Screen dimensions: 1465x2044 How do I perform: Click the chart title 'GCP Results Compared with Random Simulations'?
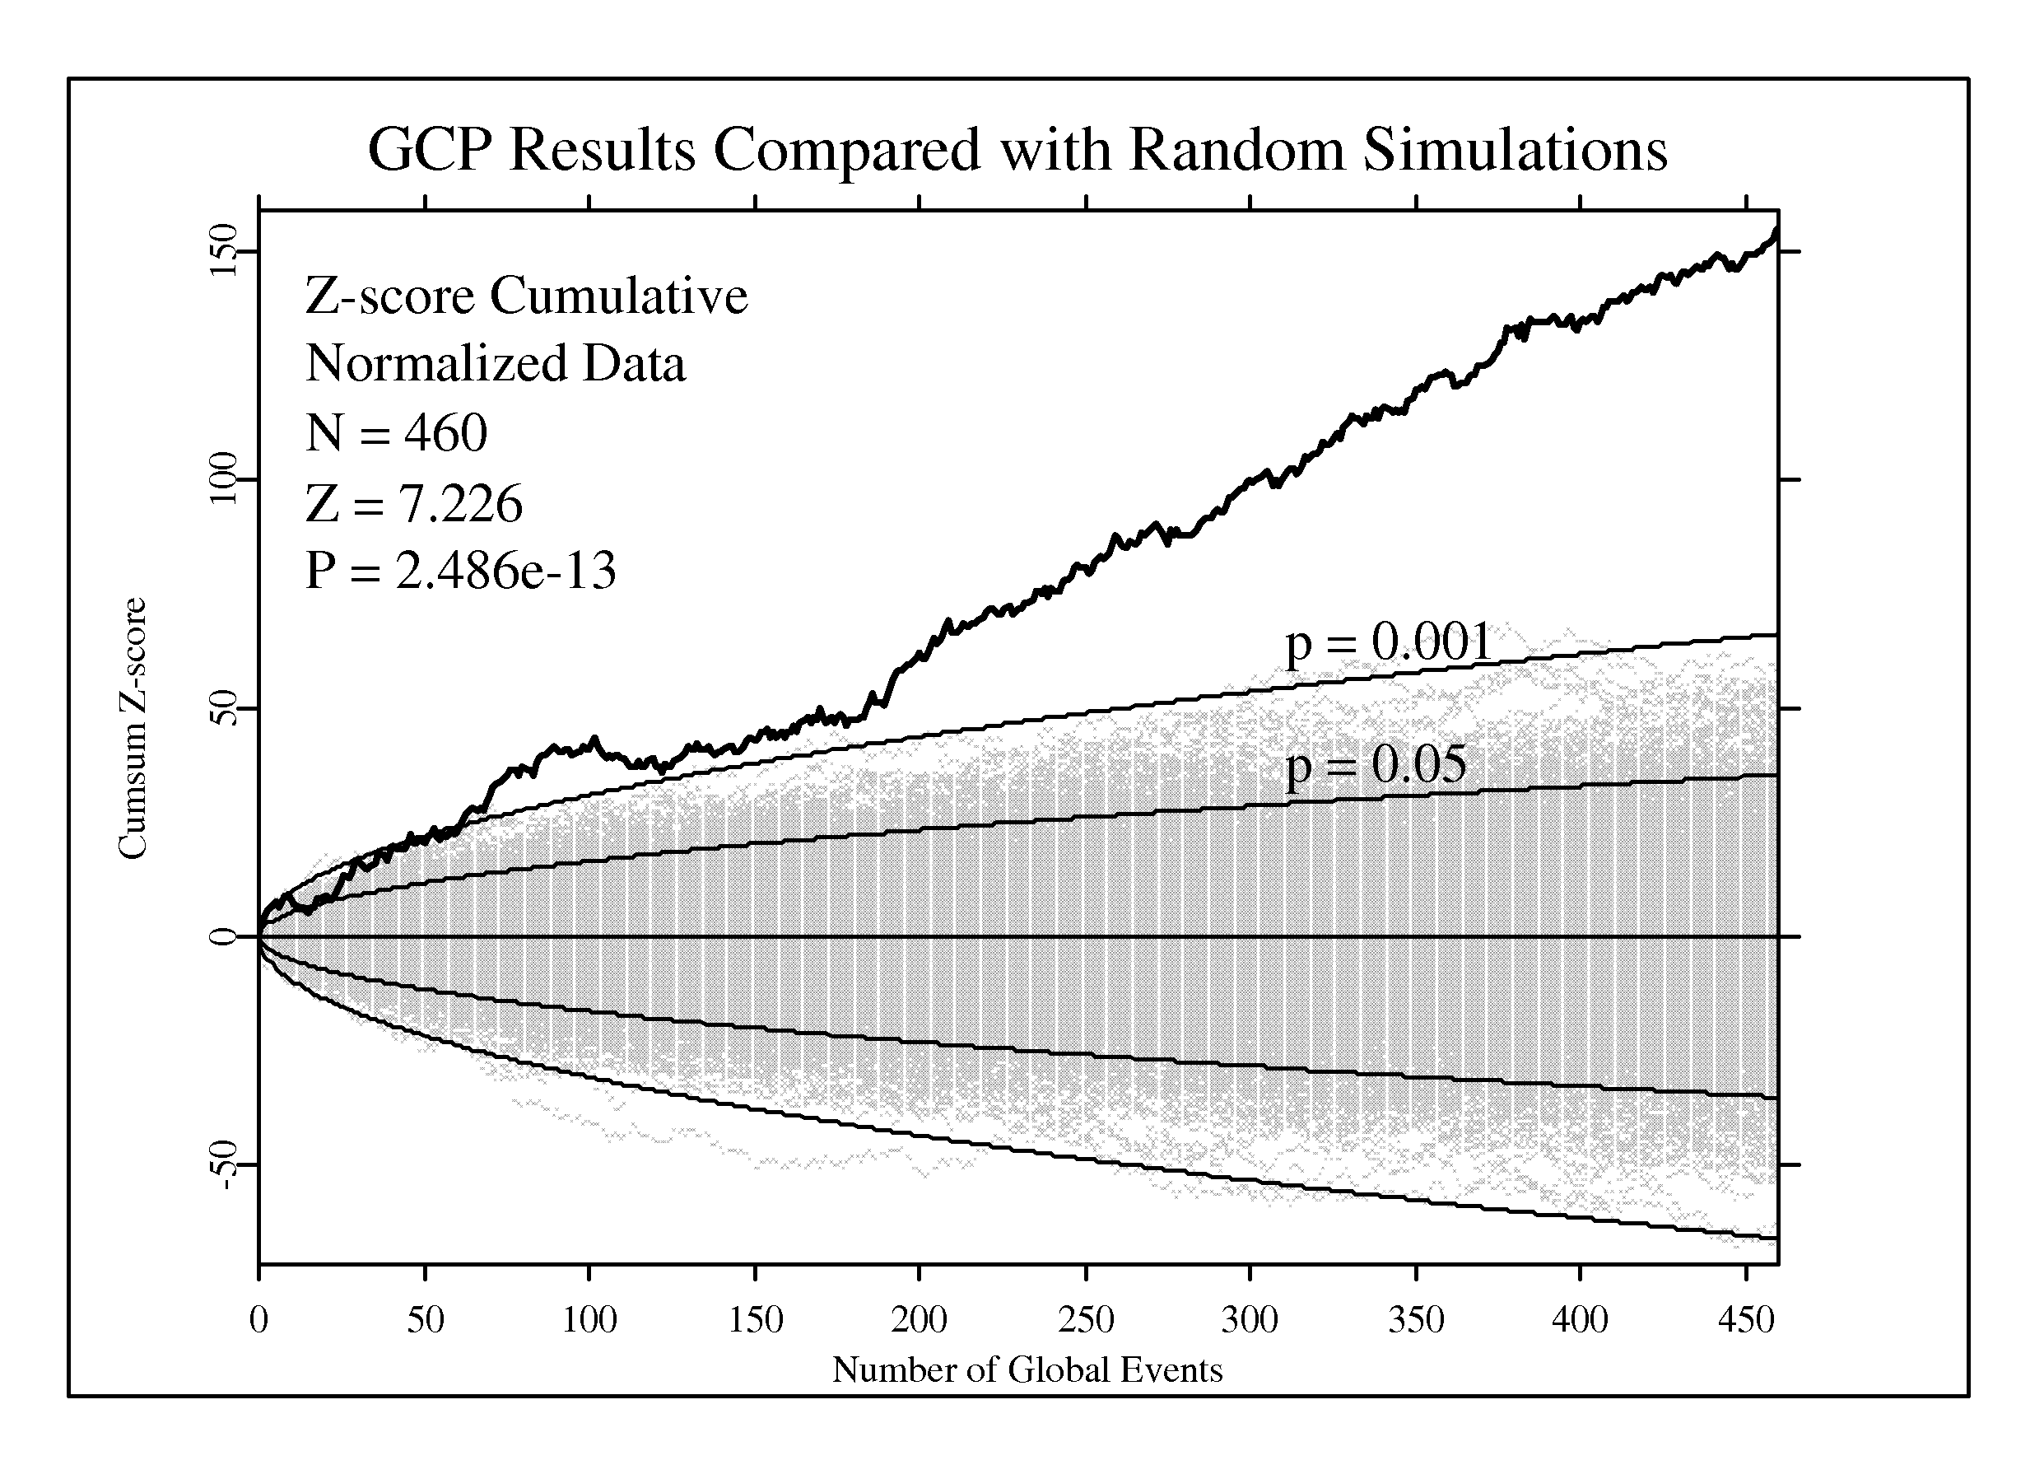coord(1017,149)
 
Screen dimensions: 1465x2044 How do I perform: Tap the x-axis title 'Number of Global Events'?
coord(1027,1369)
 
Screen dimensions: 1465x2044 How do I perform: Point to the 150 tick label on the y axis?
coord(222,250)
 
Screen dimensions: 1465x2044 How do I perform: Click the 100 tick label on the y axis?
coord(222,478)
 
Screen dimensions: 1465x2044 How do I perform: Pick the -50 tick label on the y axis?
coord(222,1164)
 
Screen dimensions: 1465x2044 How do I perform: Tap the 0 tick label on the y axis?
coord(222,936)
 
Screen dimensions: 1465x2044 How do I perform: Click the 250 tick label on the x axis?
coord(1086,1320)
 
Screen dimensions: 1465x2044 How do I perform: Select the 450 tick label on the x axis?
coord(1747,1320)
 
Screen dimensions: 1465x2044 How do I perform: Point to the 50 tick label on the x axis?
coord(426,1320)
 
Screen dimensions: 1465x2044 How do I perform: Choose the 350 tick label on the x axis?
coord(1417,1320)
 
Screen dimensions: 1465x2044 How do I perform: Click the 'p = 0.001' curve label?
coord(1389,644)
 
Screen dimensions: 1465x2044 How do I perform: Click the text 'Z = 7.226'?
coord(414,502)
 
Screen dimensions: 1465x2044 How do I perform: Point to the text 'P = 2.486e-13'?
coord(460,570)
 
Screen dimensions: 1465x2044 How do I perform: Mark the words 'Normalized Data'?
coord(496,364)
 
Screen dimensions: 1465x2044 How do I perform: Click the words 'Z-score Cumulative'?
coord(526,296)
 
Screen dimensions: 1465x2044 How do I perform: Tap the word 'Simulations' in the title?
coord(1515,149)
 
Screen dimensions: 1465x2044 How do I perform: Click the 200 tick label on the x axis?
coord(920,1320)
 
